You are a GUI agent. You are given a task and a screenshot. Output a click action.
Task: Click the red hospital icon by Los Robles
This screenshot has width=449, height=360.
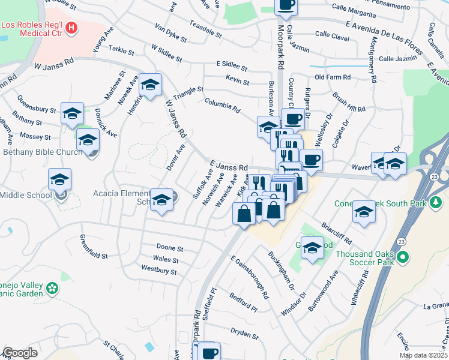coord(72,27)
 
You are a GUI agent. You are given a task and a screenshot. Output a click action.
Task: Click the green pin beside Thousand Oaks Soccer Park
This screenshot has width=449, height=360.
coord(403,258)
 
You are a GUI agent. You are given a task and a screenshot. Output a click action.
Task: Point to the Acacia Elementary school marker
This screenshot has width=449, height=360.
coord(161,201)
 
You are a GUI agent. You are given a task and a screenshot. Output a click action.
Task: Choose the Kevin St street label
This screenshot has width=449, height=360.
coord(237,79)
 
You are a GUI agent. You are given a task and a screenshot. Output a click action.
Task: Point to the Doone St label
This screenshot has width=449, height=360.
coord(169,248)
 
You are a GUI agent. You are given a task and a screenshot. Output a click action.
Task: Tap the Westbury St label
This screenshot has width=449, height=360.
coord(158,271)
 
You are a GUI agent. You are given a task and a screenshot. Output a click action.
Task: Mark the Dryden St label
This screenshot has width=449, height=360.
coord(244,331)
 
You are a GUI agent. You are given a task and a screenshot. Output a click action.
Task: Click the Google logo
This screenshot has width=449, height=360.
coord(20,353)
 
